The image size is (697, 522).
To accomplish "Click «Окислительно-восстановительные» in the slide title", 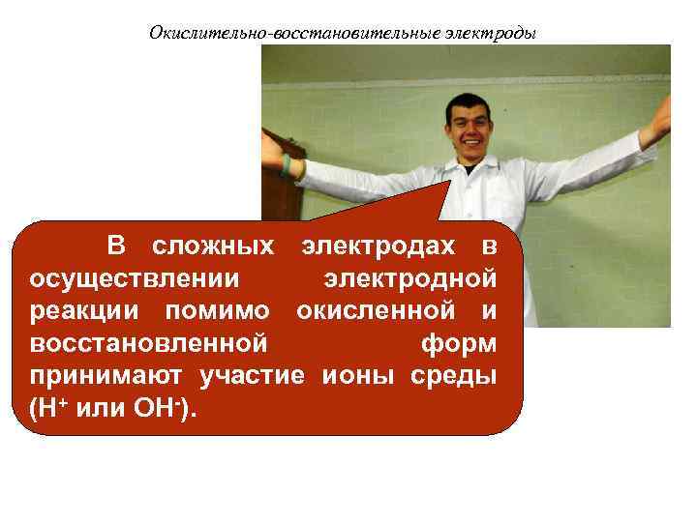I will point(294,33).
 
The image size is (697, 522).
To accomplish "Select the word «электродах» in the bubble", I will point(384,246).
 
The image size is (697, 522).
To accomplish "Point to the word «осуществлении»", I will point(132,278).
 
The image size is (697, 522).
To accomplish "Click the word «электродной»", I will point(411,278).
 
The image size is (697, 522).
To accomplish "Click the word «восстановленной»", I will point(148,343).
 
